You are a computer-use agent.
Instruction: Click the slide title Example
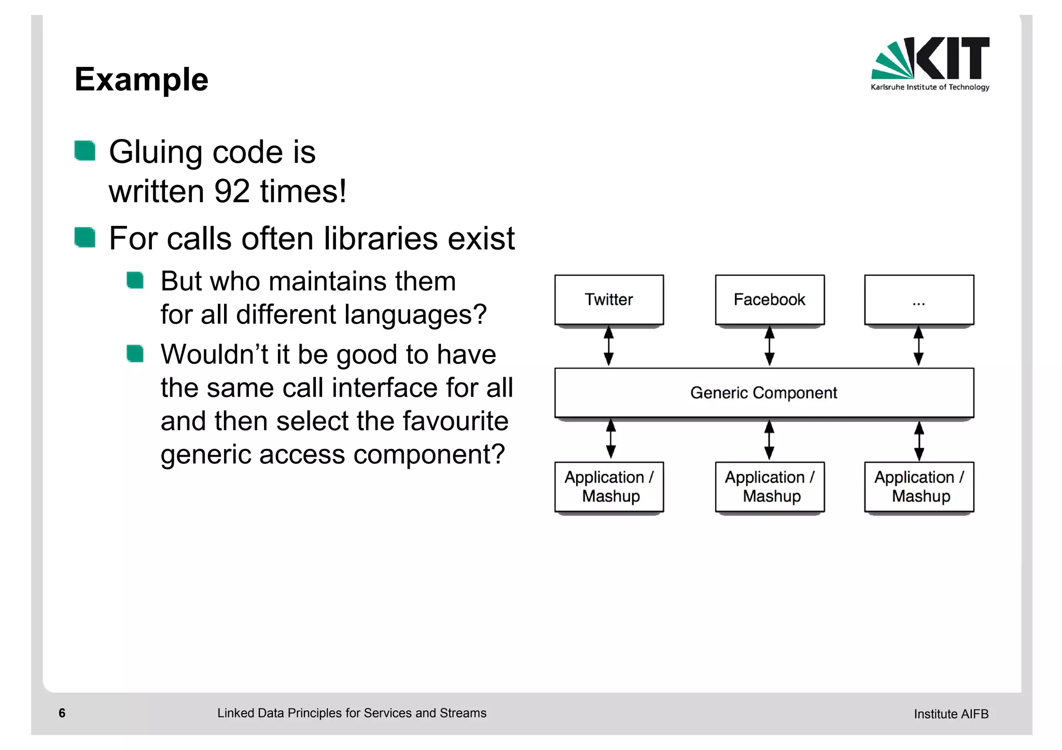coord(141,80)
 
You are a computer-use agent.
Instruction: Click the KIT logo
coord(930,63)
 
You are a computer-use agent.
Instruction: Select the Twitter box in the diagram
coord(609,300)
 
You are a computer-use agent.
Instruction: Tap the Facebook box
coord(770,300)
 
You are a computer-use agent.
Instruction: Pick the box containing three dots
coord(919,300)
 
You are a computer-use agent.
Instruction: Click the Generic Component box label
coord(763,393)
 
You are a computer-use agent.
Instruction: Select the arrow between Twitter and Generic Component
coord(609,346)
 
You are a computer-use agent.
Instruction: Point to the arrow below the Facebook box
coord(770,346)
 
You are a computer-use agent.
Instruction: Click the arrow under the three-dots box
coord(918,346)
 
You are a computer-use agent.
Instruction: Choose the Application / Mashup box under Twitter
coord(609,487)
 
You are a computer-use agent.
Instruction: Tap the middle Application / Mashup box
coord(770,487)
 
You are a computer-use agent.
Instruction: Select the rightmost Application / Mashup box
coord(919,487)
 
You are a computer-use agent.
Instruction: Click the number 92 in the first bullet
coord(232,191)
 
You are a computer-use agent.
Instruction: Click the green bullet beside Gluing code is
coord(85,151)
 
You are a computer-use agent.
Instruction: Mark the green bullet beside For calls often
coord(85,237)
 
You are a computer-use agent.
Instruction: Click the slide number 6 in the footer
coord(62,713)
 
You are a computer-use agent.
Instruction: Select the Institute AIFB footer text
coord(951,714)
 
